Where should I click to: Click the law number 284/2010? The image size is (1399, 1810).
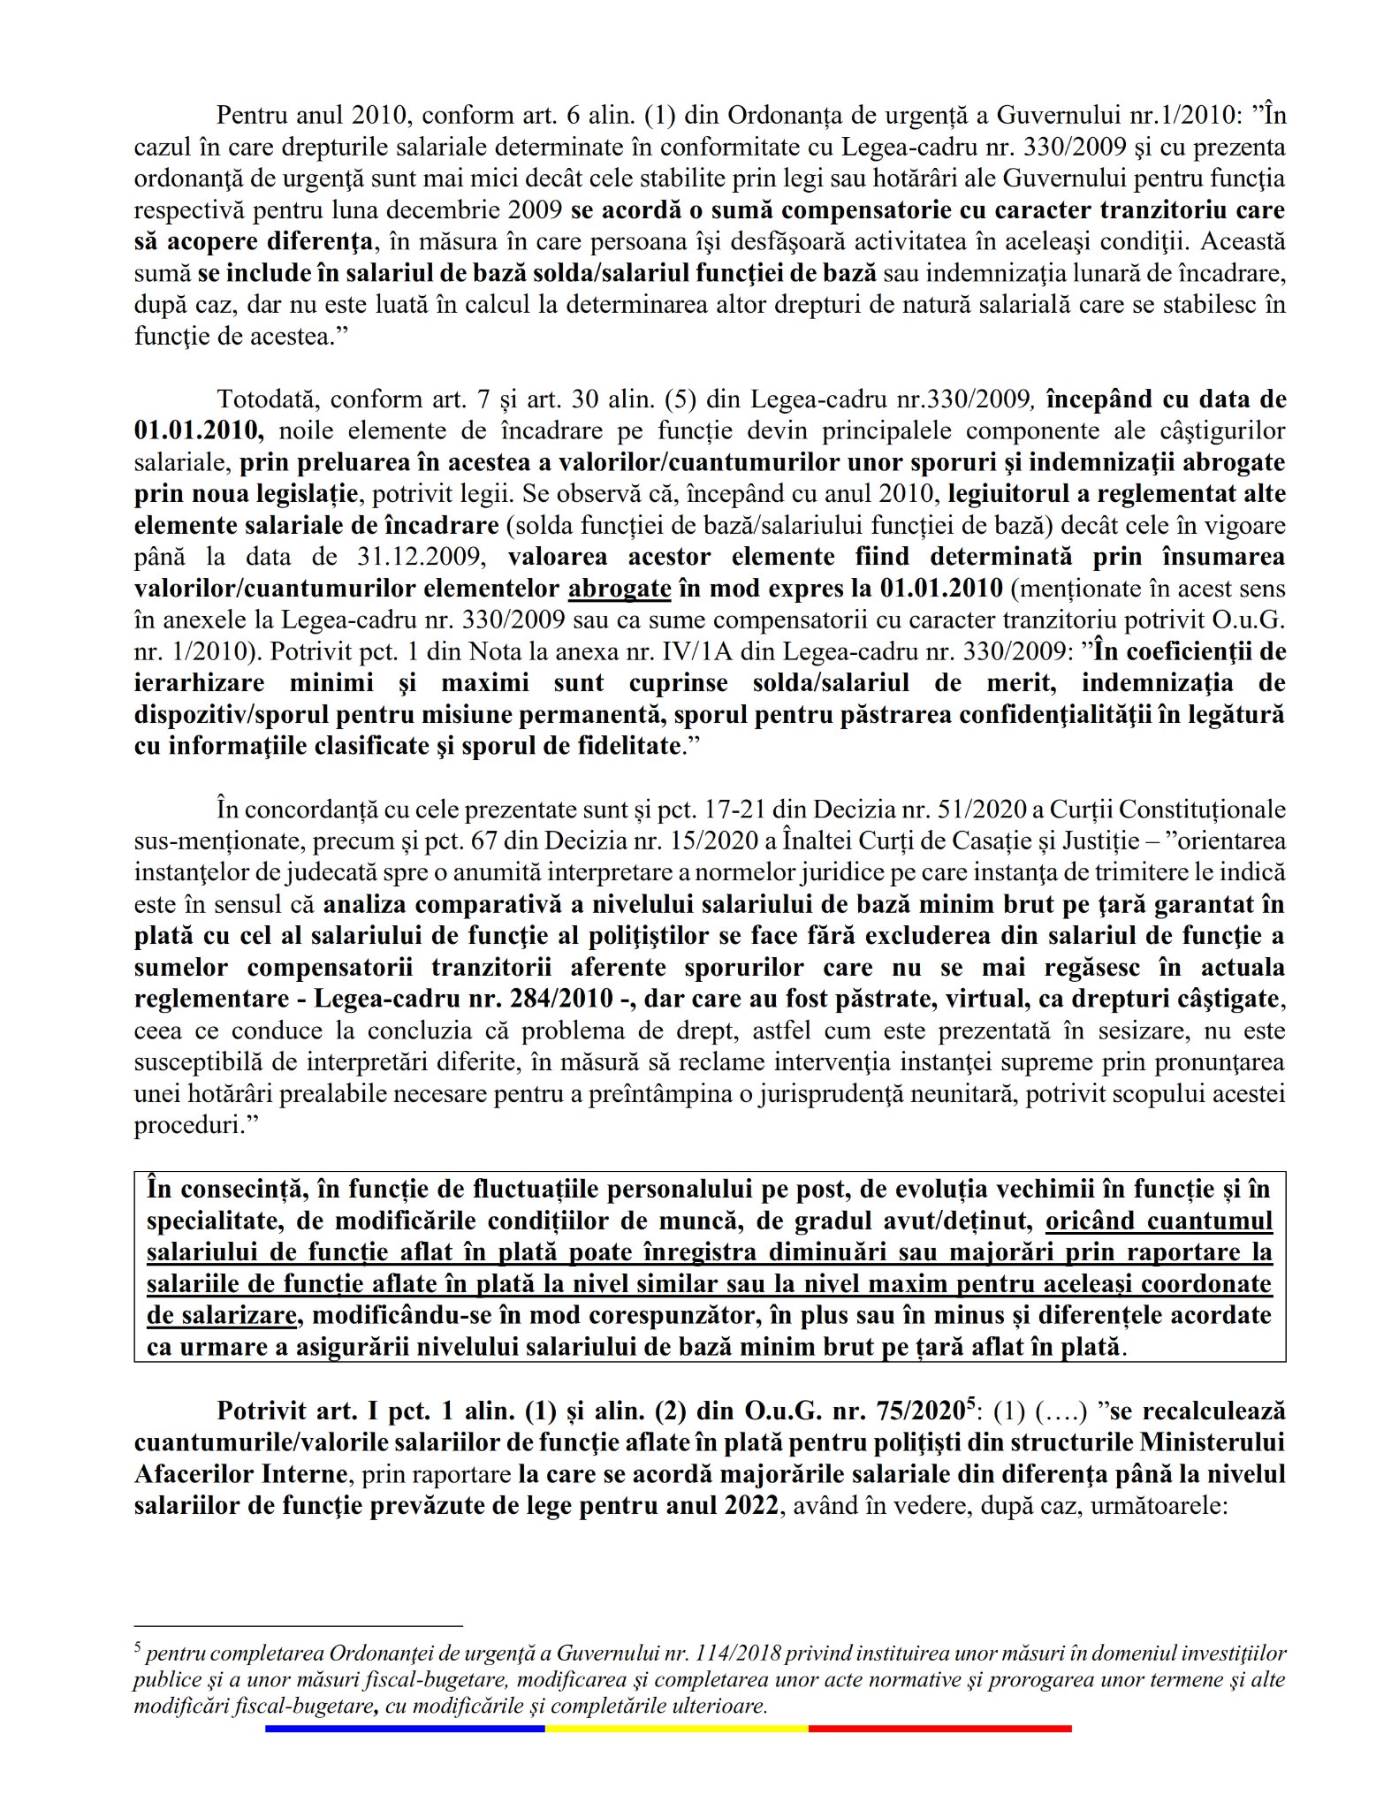click(575, 999)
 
